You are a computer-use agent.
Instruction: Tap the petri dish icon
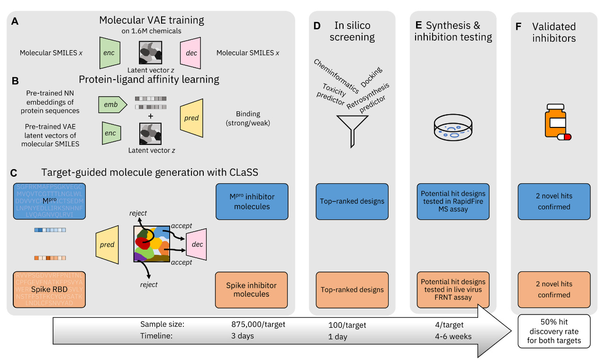453,126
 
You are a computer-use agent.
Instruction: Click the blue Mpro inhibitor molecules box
252,201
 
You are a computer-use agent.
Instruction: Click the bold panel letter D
317,26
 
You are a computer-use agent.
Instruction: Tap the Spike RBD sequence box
50,289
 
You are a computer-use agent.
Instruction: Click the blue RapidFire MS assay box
453,201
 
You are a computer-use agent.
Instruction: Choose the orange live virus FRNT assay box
453,289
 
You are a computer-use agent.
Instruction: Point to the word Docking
371,77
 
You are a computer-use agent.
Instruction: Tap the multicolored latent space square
152,243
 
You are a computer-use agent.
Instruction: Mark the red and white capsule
564,137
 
